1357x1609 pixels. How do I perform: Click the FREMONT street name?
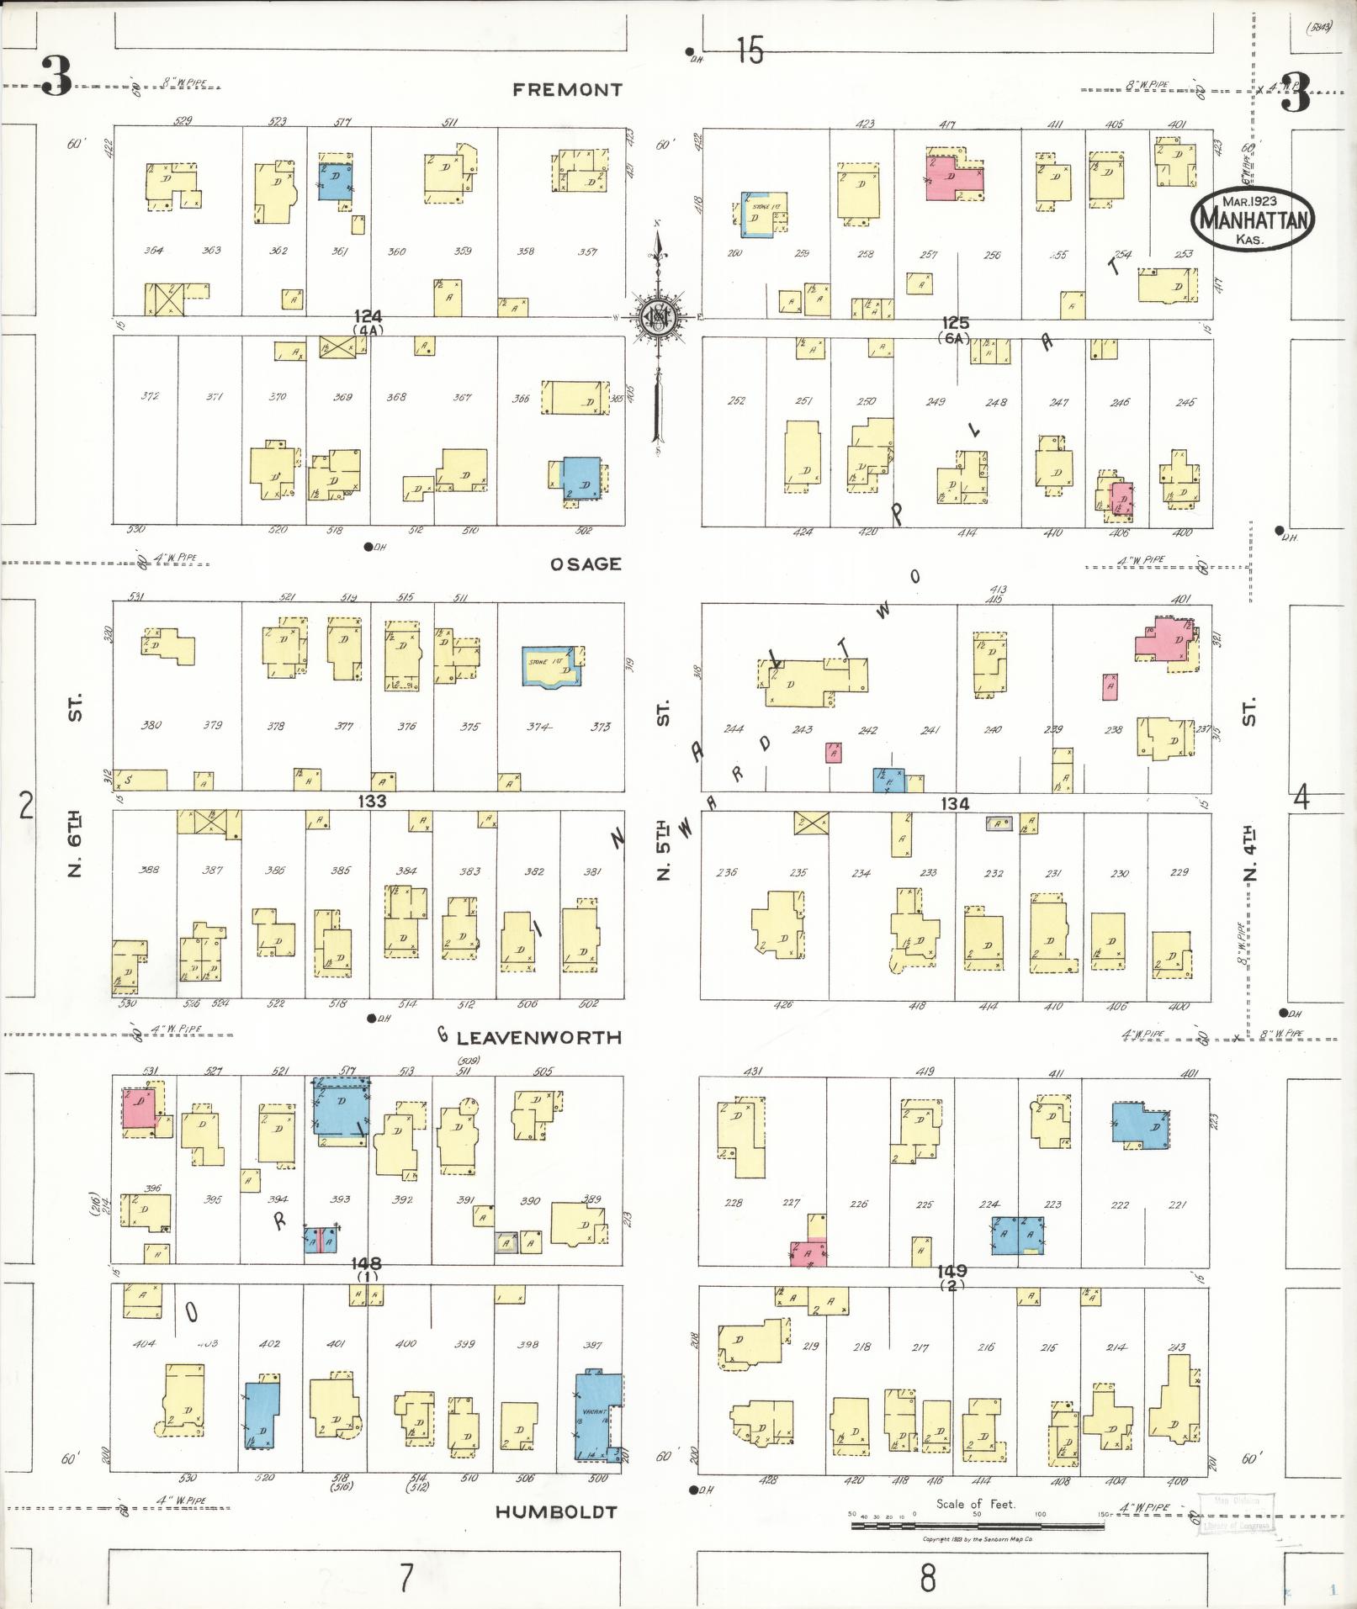click(567, 90)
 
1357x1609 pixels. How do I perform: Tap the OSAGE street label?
click(586, 564)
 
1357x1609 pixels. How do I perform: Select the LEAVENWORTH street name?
click(538, 1038)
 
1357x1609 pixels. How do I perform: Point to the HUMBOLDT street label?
click(555, 1511)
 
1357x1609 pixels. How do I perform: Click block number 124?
click(368, 317)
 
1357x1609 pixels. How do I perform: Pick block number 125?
click(956, 323)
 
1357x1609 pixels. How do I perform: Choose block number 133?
click(371, 801)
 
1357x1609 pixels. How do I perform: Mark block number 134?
click(954, 804)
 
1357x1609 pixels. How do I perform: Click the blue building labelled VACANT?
click(596, 1416)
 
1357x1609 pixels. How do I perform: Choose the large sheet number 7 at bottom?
click(406, 1578)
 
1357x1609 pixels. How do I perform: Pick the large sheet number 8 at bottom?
click(927, 1578)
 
